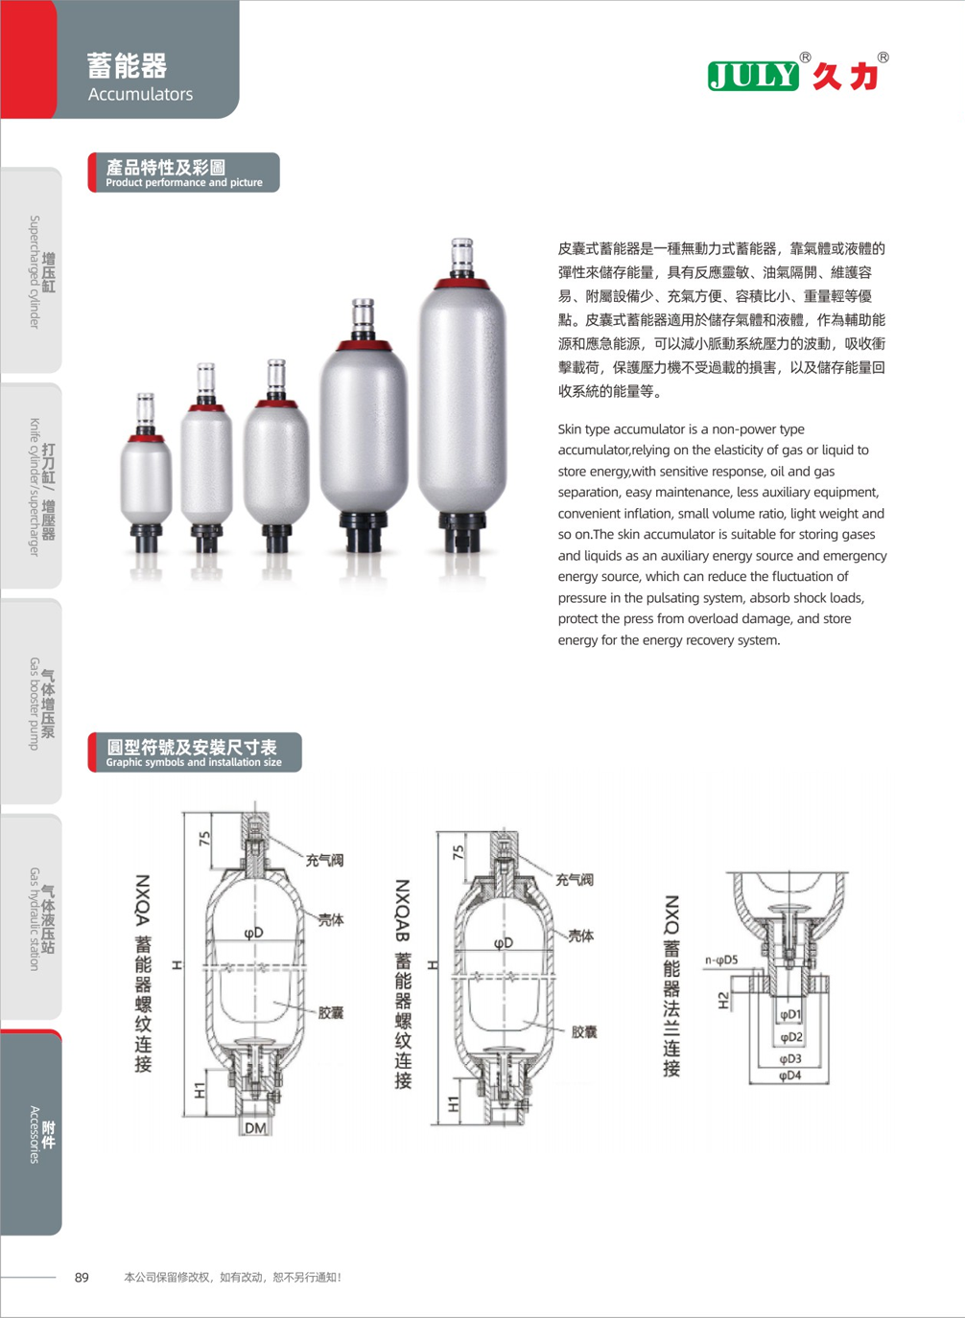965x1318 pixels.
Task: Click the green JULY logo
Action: click(x=753, y=76)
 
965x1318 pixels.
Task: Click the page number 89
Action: click(x=82, y=1277)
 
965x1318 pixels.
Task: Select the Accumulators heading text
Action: click(x=140, y=94)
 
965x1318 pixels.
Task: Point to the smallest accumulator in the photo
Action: click(x=146, y=474)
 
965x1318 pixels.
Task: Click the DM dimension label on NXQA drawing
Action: click(x=255, y=1128)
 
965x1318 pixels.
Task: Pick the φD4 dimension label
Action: click(x=789, y=1075)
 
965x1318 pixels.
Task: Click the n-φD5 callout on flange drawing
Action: click(x=721, y=960)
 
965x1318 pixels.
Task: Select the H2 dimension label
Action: click(x=723, y=1001)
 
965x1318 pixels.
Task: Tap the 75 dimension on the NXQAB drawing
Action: click(x=459, y=851)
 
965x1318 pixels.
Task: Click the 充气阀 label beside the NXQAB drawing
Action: click(x=575, y=880)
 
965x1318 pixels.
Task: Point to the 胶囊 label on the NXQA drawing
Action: click(x=331, y=1012)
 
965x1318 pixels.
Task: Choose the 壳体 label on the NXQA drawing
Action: click(x=331, y=920)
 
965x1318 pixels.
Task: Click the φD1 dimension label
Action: click(x=790, y=1014)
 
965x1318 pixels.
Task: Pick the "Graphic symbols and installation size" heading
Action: click(x=194, y=752)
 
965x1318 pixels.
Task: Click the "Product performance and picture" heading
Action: click(x=183, y=173)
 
